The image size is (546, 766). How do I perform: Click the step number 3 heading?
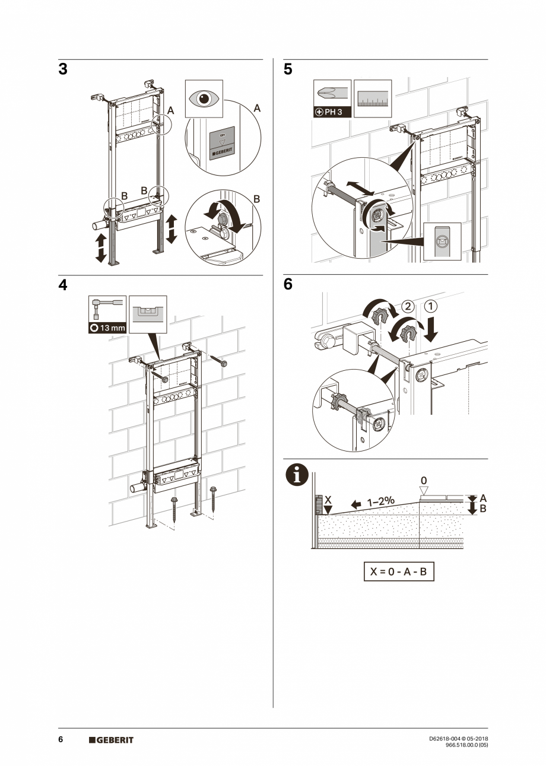click(63, 69)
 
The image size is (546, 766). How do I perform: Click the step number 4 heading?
click(63, 285)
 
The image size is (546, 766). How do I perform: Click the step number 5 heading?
click(288, 69)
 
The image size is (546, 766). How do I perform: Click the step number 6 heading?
click(288, 285)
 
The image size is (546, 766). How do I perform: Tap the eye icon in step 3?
click(204, 98)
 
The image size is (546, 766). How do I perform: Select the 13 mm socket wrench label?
click(107, 328)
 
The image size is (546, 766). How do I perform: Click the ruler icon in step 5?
click(373, 99)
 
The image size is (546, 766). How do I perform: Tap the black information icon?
click(297, 475)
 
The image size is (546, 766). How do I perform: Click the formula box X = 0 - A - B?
click(398, 572)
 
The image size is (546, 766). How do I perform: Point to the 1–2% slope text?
click(380, 502)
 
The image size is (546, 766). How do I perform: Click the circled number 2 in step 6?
click(407, 307)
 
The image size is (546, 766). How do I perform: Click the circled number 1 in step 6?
click(431, 307)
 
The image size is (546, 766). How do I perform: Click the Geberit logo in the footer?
click(111, 740)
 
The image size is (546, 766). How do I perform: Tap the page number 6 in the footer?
click(61, 740)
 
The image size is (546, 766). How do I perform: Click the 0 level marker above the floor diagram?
click(424, 480)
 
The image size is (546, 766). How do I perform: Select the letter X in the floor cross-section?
click(328, 500)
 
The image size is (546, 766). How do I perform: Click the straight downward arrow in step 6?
click(431, 329)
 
